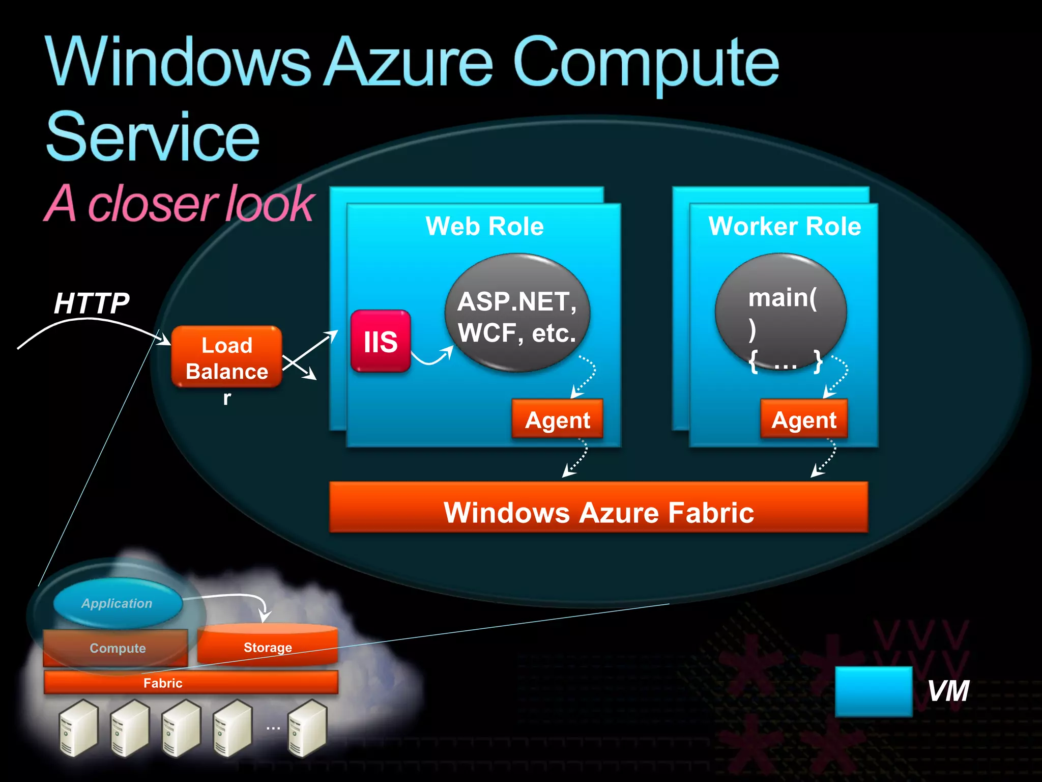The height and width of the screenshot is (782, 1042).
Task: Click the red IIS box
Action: pos(380,341)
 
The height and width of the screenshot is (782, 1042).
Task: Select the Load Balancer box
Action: pos(227,357)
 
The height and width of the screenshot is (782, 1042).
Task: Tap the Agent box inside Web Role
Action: pos(557,419)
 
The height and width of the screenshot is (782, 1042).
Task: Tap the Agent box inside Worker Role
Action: pos(803,419)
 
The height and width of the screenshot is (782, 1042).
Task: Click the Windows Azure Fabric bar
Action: pos(598,508)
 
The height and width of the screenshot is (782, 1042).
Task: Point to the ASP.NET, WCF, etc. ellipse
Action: pos(517,313)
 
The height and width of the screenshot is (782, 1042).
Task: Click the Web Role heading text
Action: pos(484,226)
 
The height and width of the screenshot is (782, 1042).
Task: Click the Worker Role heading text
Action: pos(784,226)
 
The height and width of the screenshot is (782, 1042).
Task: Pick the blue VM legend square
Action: pos(873,691)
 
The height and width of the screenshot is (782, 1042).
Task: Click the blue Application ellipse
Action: pos(118,603)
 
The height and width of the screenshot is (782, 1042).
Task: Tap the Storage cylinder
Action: pos(268,645)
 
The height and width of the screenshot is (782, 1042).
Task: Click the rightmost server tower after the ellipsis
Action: pos(307,728)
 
